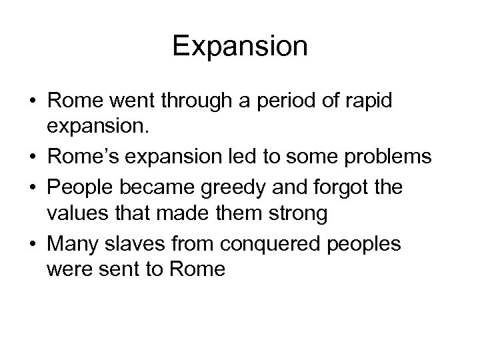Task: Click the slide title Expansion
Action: tap(240, 47)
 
